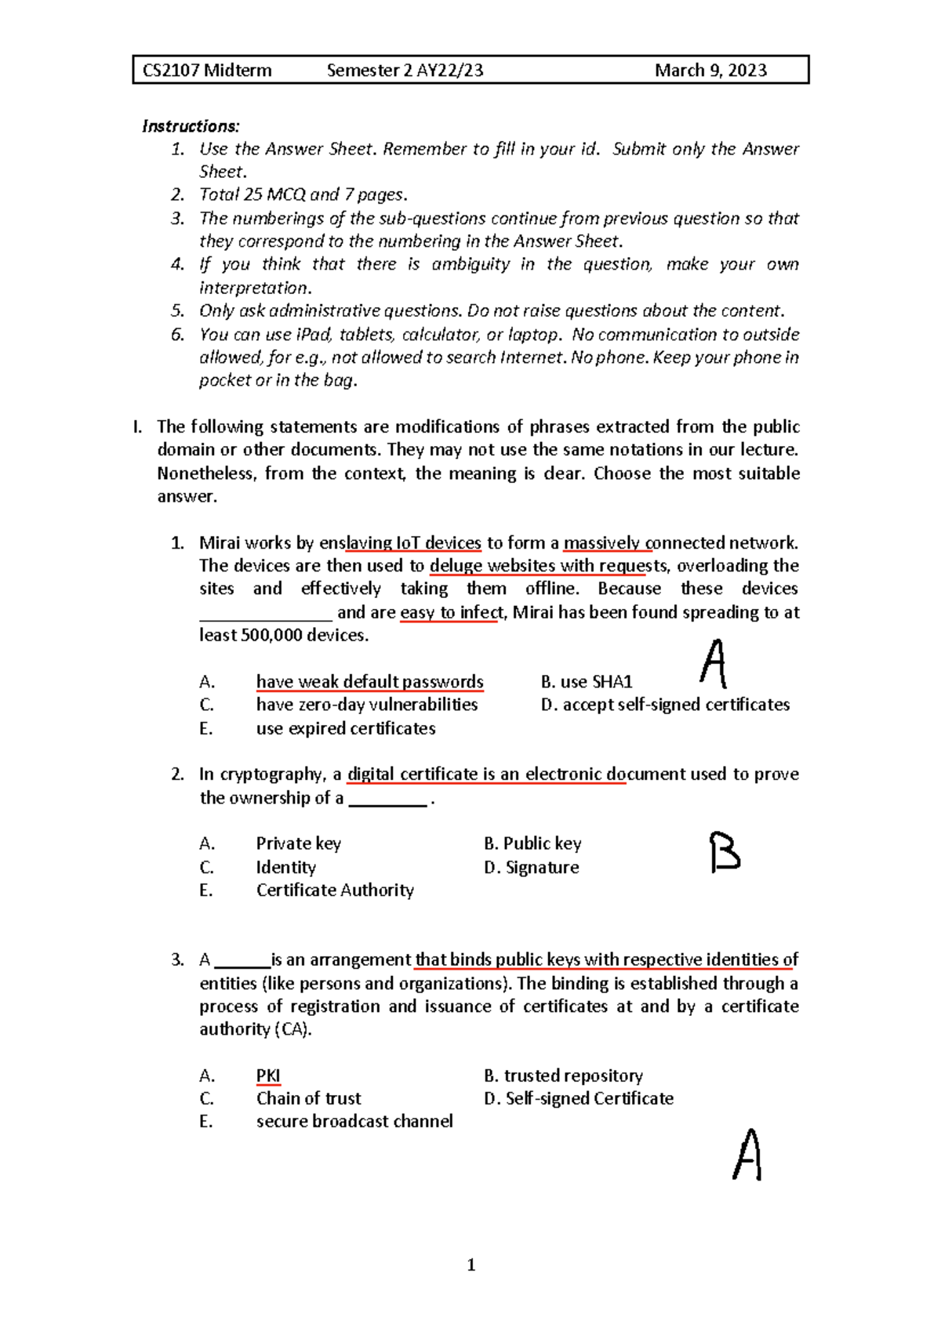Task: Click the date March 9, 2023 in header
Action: (710, 71)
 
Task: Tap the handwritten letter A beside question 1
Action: (714, 665)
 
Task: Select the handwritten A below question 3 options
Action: (747, 1155)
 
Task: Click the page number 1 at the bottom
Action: (470, 1264)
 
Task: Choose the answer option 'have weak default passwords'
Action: (369, 682)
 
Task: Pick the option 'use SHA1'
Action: (596, 682)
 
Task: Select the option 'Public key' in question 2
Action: (542, 843)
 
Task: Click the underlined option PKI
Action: (268, 1075)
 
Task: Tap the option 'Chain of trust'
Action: (308, 1098)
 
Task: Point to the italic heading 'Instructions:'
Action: (191, 126)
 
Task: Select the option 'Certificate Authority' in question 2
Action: (335, 890)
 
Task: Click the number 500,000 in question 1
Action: (271, 635)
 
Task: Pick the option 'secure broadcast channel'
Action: (354, 1121)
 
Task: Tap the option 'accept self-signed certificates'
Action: (676, 705)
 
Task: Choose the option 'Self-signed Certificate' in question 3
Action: (589, 1098)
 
